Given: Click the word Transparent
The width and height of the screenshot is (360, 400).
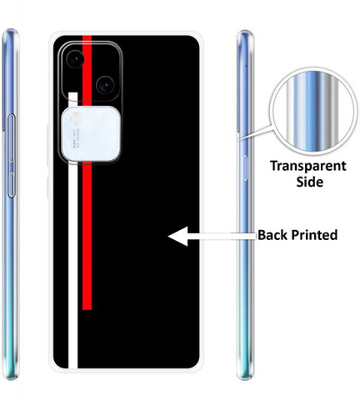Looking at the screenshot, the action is click(x=308, y=166).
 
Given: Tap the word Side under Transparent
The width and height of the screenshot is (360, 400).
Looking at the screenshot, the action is click(x=309, y=182).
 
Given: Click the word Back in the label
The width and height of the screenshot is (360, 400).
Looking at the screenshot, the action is click(x=272, y=235).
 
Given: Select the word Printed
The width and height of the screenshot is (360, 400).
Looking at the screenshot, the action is click(x=314, y=235).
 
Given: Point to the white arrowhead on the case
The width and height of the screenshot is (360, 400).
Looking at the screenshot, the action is click(x=178, y=237).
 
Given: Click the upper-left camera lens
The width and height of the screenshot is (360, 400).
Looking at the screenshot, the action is click(x=75, y=59).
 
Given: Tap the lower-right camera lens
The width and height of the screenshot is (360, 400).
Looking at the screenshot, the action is click(x=105, y=85).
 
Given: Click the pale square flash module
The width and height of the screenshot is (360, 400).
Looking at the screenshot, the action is click(x=91, y=134).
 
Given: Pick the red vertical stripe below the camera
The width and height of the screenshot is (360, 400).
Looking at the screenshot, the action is click(x=87, y=236).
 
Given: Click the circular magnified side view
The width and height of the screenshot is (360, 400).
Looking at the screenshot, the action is click(x=314, y=111).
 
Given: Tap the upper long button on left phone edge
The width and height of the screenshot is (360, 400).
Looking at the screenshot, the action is click(x=11, y=138).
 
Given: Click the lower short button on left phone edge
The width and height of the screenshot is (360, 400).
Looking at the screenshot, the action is click(x=11, y=185).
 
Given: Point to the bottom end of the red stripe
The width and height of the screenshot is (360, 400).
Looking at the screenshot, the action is click(x=87, y=309).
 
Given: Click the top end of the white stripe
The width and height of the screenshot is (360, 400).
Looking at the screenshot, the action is click(x=73, y=92).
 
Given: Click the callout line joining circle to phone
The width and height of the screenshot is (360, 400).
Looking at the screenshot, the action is click(x=255, y=132).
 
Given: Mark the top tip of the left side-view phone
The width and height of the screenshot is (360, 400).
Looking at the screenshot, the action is click(x=11, y=29).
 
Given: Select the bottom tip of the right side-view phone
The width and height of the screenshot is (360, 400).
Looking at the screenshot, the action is click(x=246, y=379).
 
